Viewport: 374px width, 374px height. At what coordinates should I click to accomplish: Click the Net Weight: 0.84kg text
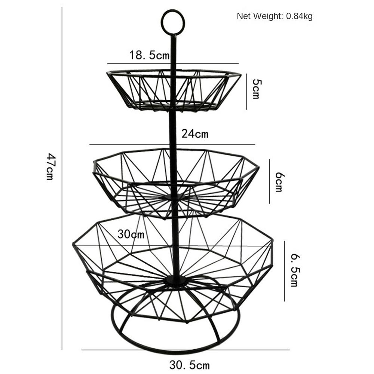(x=275, y=16)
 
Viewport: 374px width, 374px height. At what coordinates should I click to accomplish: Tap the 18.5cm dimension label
(x=149, y=56)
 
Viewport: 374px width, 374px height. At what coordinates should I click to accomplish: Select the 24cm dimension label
(x=195, y=134)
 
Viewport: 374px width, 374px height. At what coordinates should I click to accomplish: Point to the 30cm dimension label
(x=131, y=234)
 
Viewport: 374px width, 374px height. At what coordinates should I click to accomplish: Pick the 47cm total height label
(x=50, y=166)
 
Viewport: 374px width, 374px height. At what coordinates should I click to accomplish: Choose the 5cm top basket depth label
(x=255, y=89)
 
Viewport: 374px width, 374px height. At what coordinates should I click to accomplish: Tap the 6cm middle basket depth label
(x=279, y=182)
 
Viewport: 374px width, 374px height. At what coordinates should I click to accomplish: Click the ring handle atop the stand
(x=173, y=22)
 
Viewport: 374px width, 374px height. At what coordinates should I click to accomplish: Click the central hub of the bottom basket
(x=175, y=280)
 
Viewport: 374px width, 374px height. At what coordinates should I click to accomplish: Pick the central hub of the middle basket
(x=173, y=197)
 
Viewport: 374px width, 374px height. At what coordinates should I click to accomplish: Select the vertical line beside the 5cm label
(x=246, y=92)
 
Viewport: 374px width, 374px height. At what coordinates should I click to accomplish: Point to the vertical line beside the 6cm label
(x=269, y=181)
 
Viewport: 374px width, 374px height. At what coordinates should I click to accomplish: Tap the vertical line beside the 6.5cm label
(x=284, y=271)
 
